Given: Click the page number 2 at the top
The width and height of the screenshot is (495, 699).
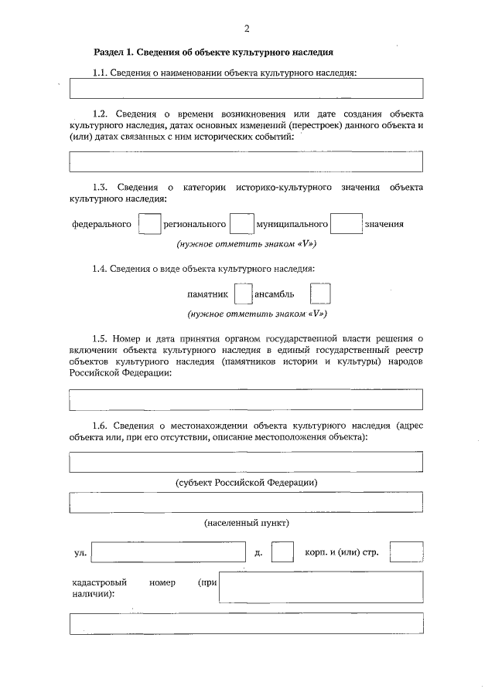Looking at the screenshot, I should click(x=247, y=29).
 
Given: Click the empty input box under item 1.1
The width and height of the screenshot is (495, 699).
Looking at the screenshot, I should click(x=246, y=89).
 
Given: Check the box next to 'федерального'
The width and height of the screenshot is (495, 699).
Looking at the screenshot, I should click(x=149, y=224).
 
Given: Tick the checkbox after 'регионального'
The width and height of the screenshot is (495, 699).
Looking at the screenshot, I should click(x=242, y=224).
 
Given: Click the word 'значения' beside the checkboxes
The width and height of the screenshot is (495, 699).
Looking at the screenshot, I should click(x=384, y=225).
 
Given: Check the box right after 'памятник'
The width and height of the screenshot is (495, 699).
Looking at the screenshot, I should click(x=243, y=294).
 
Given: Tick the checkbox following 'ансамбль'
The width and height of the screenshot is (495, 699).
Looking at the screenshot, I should click(x=319, y=294).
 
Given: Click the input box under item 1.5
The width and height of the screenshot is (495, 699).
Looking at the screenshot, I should click(x=246, y=399).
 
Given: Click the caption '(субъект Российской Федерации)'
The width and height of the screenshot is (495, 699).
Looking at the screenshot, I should click(x=247, y=482).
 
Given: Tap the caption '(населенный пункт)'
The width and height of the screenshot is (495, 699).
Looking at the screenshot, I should click(x=247, y=523).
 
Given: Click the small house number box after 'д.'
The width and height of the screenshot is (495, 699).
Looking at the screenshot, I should click(x=283, y=553).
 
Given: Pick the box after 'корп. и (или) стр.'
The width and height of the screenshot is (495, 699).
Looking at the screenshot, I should click(x=407, y=553).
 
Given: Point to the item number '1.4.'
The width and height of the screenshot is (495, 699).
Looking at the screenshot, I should click(x=100, y=268).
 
